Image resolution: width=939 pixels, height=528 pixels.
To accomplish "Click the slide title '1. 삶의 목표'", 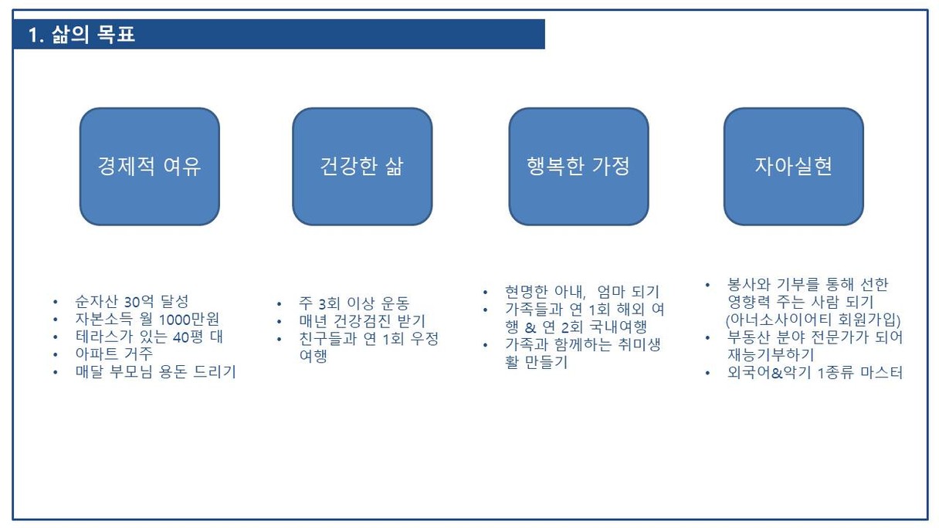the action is click(x=82, y=34).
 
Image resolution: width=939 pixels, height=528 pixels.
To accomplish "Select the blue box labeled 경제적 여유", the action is click(x=150, y=167).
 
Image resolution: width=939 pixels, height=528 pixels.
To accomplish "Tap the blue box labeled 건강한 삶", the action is click(x=362, y=167).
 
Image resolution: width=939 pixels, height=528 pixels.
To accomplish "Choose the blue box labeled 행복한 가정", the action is click(x=578, y=167).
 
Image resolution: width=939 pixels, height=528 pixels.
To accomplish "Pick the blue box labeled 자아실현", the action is click(x=794, y=167).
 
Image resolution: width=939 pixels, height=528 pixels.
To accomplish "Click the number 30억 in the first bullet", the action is click(x=139, y=301).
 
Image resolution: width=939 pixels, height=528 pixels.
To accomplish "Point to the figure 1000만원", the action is click(x=188, y=320).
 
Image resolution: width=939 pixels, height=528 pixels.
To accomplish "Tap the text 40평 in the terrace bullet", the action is click(x=188, y=337).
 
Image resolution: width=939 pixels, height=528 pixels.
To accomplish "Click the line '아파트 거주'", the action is click(x=114, y=354).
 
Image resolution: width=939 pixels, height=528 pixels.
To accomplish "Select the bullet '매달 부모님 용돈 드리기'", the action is click(x=155, y=372).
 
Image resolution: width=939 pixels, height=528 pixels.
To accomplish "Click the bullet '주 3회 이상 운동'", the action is click(x=354, y=303).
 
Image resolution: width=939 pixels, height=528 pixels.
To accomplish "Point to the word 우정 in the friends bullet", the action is click(x=424, y=339).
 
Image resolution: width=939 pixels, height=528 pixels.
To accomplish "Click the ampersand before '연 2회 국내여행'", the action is click(x=531, y=327).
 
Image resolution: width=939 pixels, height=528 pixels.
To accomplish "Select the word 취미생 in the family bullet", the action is click(x=639, y=345).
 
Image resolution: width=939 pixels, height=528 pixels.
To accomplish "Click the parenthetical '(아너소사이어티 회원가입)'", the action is click(x=813, y=320).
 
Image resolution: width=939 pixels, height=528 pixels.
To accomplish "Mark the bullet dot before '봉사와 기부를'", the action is click(x=707, y=285).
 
